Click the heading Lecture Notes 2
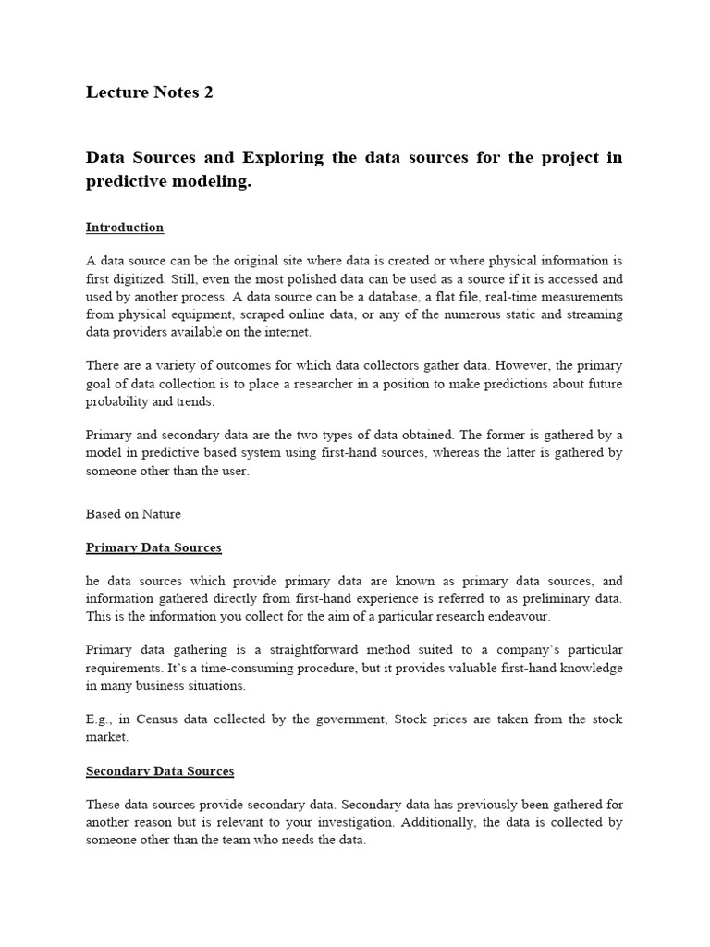(x=149, y=92)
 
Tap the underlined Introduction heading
(x=125, y=228)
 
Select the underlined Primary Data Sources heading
(x=153, y=547)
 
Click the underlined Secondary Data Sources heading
(x=160, y=771)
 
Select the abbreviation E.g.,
(x=102, y=719)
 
